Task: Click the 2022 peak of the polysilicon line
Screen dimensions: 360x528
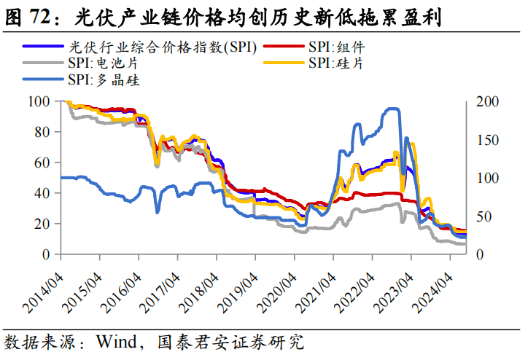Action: (392, 109)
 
